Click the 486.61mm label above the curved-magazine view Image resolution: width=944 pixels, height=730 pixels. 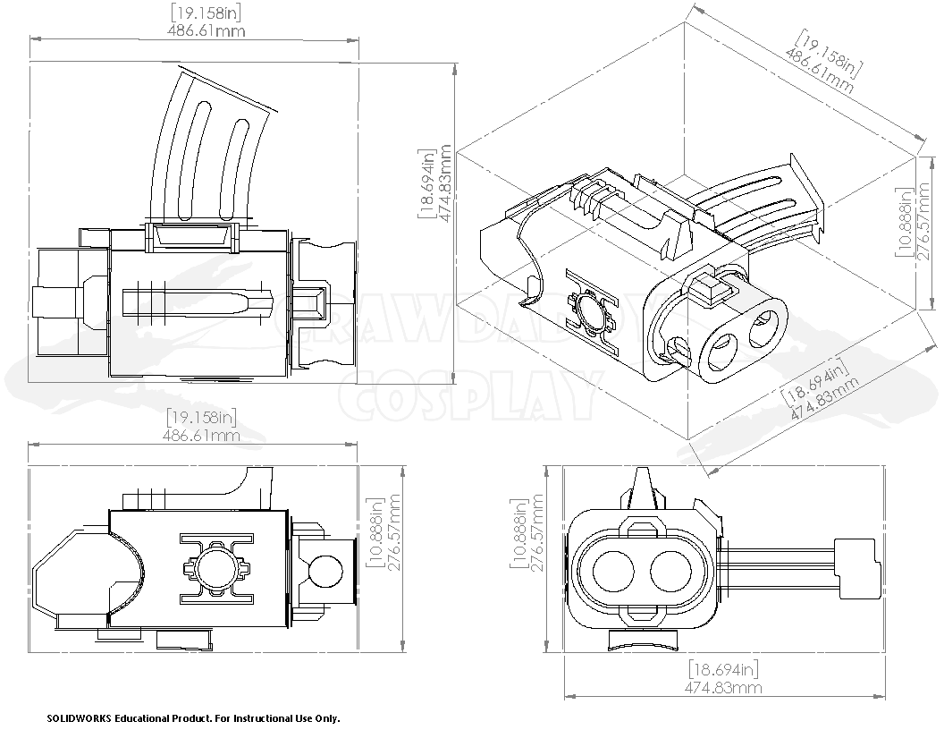pos(206,30)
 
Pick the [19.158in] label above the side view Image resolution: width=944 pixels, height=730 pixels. pos(200,417)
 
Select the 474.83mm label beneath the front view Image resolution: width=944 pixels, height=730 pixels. pos(723,688)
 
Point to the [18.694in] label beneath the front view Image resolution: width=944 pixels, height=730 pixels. pos(723,669)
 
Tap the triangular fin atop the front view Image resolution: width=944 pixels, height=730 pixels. pos(643,487)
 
